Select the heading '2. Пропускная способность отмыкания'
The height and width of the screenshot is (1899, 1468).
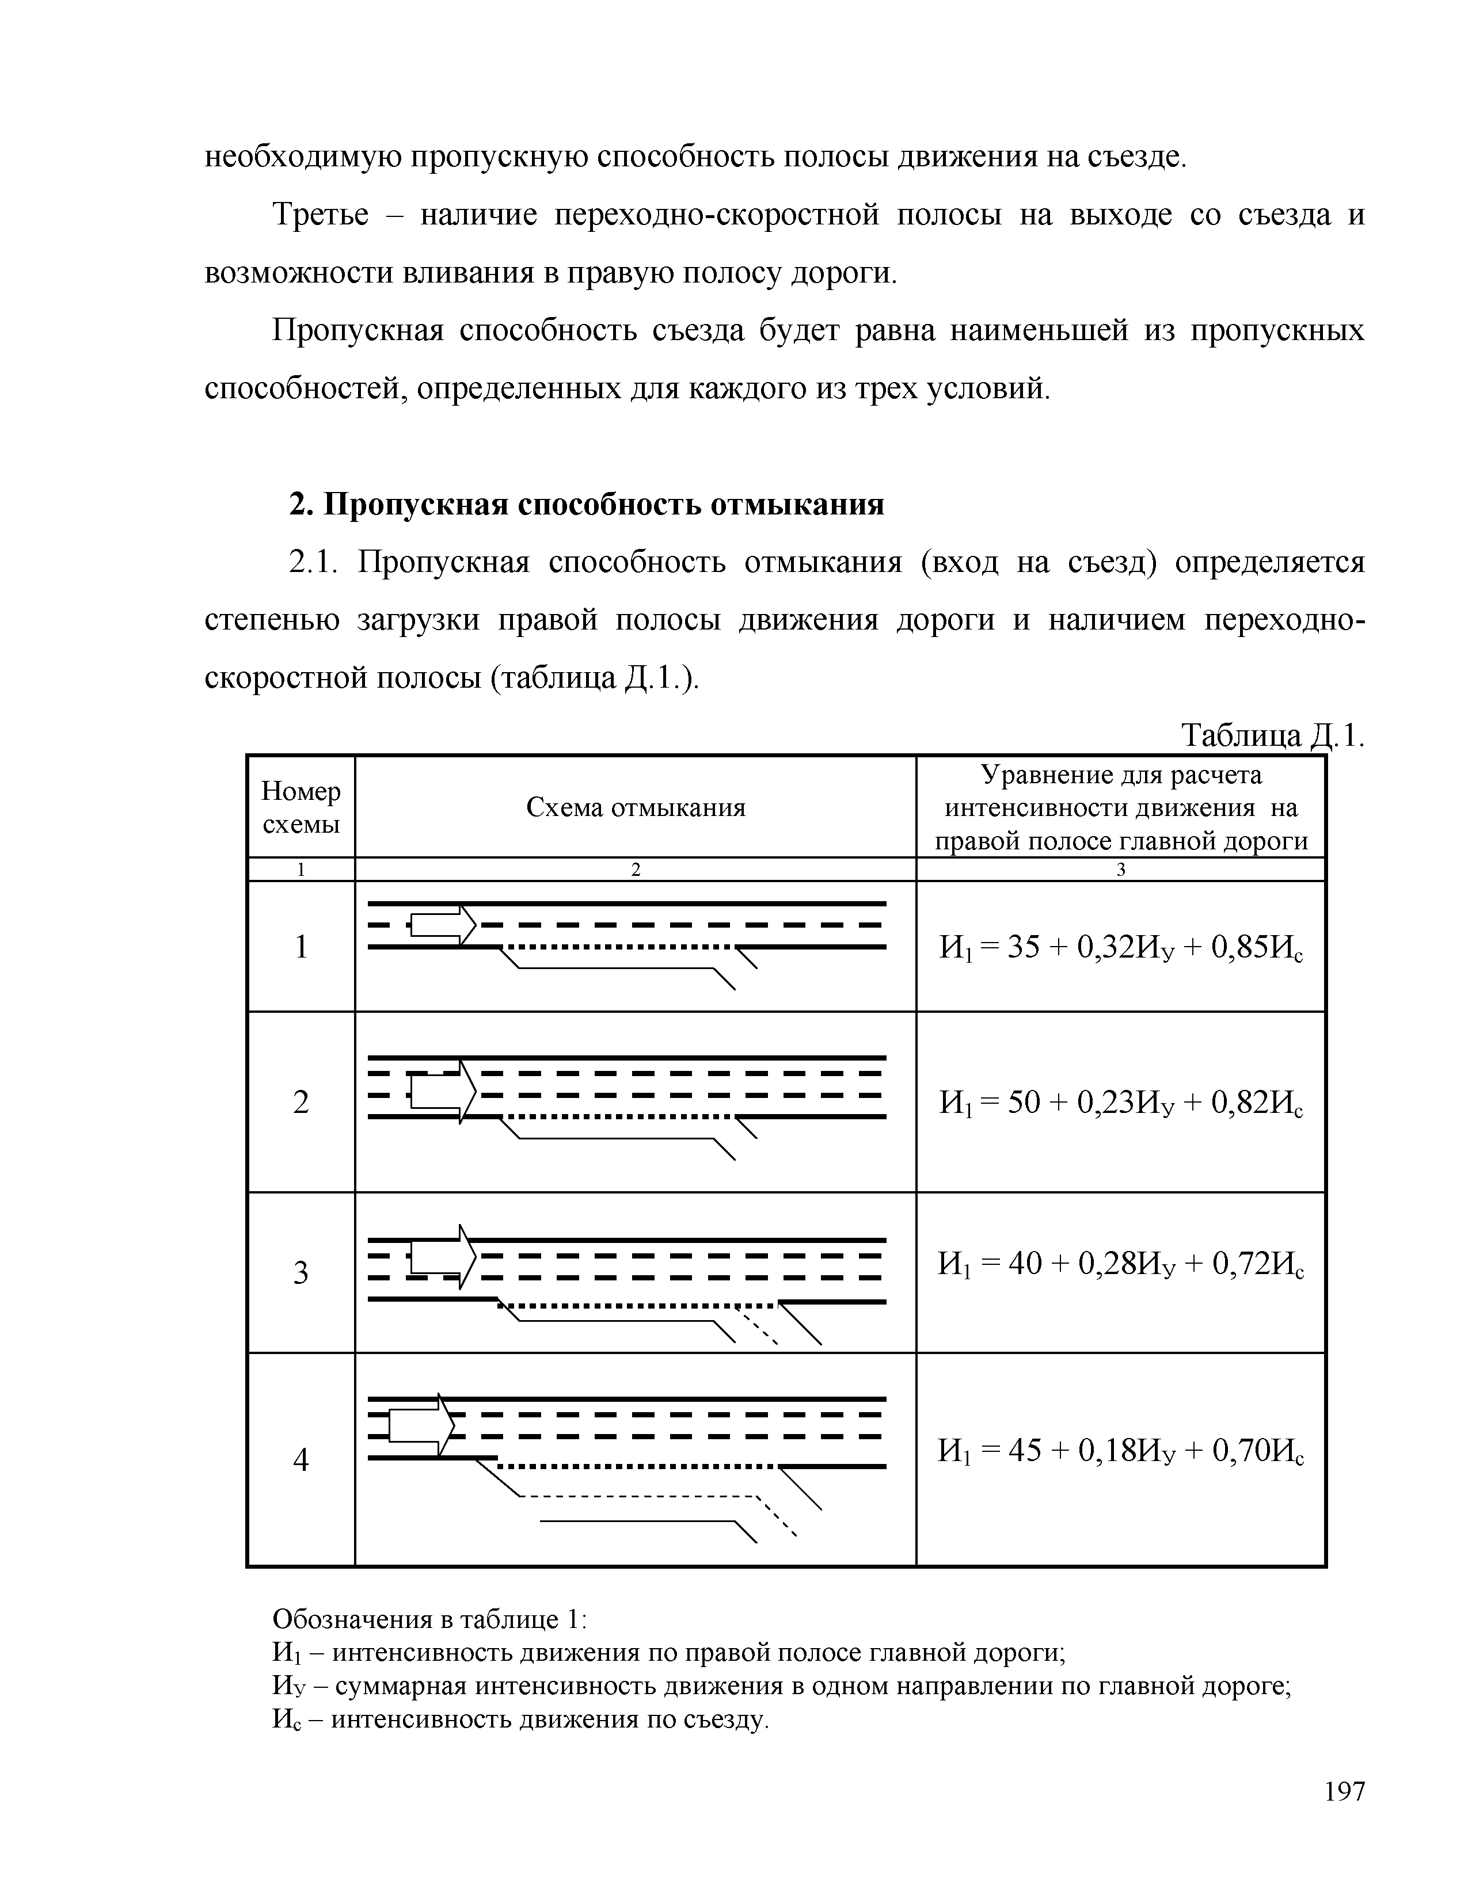[586, 504]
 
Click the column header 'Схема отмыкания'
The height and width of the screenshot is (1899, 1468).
[636, 808]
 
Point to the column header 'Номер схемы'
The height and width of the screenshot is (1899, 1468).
[301, 808]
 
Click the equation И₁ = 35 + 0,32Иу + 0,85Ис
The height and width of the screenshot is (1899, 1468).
[1121, 947]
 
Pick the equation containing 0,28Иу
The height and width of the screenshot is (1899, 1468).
[1121, 1263]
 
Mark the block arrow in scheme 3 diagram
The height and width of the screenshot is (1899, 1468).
[442, 1256]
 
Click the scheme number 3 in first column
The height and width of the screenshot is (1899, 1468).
[301, 1273]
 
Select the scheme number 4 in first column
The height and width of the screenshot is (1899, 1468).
[301, 1461]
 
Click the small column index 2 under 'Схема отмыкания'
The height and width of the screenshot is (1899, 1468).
[636, 870]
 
